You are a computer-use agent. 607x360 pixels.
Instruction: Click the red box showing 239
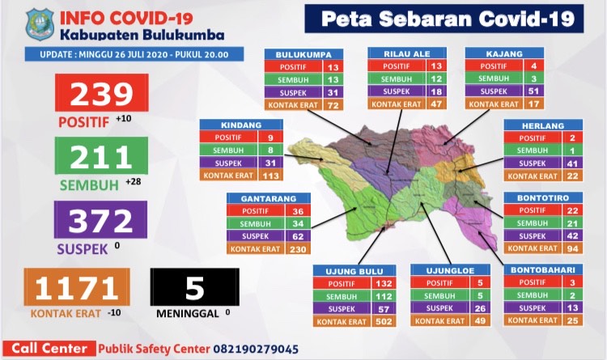[101, 95]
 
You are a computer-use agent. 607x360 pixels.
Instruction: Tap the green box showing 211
[101, 158]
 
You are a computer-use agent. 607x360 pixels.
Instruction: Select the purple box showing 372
[101, 220]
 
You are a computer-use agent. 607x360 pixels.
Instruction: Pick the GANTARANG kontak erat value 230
[294, 249]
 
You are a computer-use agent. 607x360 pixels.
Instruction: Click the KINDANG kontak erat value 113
[271, 176]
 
